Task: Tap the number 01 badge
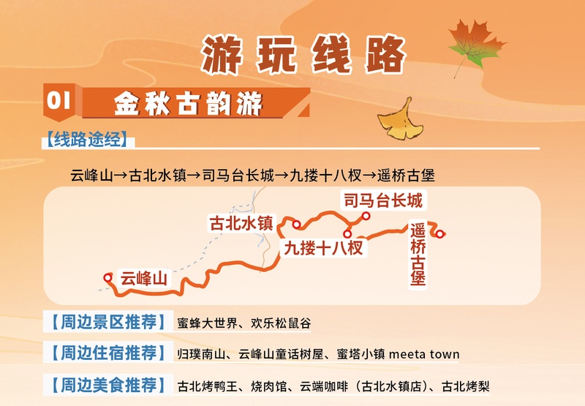click(x=58, y=102)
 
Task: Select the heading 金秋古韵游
click(x=188, y=104)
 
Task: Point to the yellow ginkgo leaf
click(x=401, y=119)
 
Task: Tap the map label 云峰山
click(x=144, y=278)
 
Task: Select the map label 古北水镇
click(x=241, y=222)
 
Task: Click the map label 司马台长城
click(x=382, y=200)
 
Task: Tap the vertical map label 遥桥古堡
click(x=418, y=255)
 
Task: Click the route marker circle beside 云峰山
click(x=109, y=277)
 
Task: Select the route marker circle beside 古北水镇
click(x=297, y=224)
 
